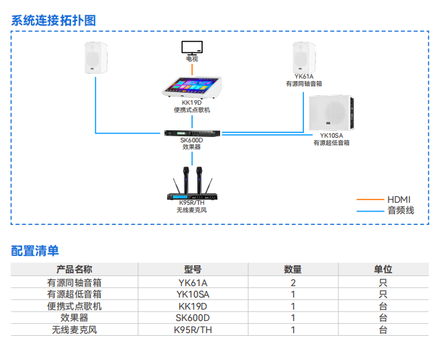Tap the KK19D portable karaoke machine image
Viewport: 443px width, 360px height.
192,87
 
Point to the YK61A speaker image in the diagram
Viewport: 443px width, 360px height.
304,58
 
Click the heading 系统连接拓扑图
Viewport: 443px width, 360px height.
54,20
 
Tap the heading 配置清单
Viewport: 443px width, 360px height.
35,251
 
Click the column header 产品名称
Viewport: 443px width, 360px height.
75,269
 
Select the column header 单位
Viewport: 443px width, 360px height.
383,269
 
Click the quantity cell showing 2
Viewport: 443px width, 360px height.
293,283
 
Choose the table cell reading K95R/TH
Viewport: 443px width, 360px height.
193,330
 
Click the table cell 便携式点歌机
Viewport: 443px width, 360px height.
75,306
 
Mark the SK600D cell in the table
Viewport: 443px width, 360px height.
193,318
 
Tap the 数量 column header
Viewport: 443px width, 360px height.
293,269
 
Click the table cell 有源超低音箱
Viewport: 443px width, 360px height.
75,294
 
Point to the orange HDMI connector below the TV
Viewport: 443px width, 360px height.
193,62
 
